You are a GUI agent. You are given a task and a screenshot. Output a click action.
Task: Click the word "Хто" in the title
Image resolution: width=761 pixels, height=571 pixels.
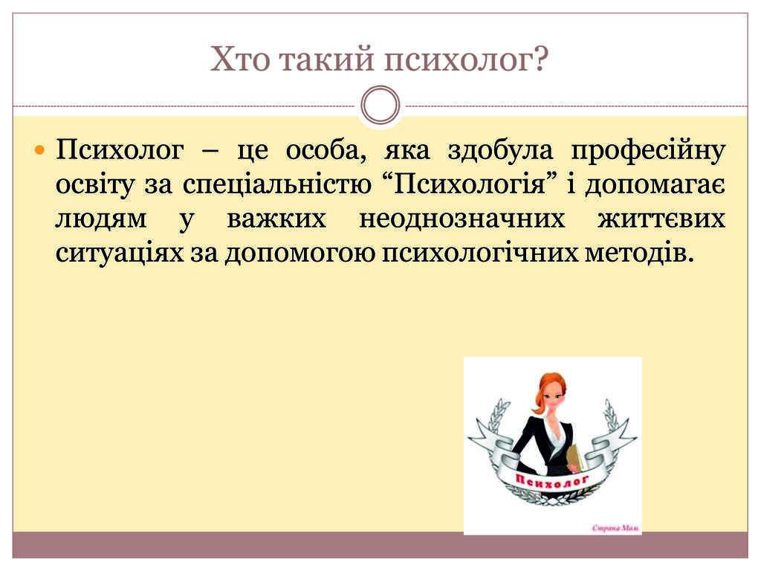point(240,59)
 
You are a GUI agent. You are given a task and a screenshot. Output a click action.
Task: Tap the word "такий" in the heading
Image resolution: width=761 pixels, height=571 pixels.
point(327,59)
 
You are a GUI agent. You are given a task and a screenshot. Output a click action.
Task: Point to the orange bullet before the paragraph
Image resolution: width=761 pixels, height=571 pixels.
point(40,149)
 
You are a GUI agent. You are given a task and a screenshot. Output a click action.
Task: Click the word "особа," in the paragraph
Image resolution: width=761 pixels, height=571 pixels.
point(326,150)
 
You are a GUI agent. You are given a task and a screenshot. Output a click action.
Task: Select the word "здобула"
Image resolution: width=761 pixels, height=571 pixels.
point(500,150)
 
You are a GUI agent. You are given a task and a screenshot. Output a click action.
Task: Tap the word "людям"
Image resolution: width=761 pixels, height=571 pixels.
point(101,219)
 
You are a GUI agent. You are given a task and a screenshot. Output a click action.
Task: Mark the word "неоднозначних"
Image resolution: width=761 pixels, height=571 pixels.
point(462,219)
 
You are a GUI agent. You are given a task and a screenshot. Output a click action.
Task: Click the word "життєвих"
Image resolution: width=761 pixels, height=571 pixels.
point(661,219)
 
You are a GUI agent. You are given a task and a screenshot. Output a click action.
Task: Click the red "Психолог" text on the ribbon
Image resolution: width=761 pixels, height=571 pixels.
point(552,480)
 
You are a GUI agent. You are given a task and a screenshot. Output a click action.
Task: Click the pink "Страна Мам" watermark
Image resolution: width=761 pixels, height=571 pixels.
point(615,528)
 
